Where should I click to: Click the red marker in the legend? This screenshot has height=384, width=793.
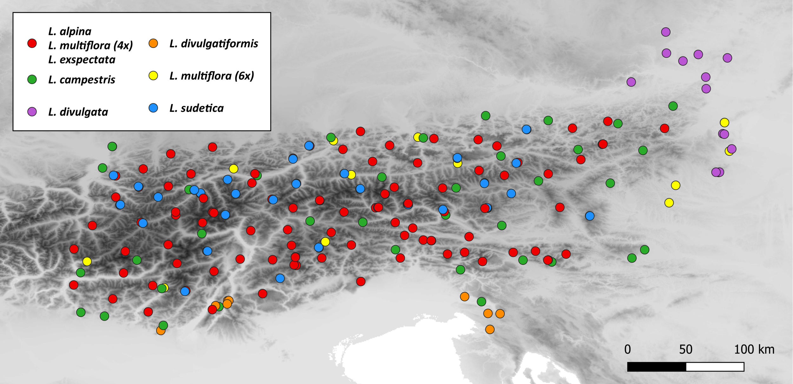[x=32, y=43]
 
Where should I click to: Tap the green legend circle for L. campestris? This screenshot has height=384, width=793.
[x=32, y=79]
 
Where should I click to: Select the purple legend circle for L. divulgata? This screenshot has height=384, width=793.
[x=32, y=112]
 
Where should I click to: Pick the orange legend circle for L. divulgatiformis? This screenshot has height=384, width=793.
[x=153, y=43]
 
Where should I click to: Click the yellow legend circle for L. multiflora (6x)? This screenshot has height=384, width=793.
[x=153, y=75]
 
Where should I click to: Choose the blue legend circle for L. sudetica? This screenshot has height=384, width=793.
[x=153, y=108]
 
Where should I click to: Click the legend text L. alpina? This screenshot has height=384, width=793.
[x=70, y=31]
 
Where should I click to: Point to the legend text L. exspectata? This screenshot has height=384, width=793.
[x=82, y=60]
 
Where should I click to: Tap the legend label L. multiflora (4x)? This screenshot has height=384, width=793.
[x=90, y=46]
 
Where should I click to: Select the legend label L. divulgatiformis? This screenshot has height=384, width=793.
[x=214, y=43]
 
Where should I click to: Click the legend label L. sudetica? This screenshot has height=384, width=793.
[x=196, y=108]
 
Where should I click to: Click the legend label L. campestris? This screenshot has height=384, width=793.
[x=82, y=80]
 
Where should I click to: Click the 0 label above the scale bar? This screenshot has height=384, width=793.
[x=627, y=349]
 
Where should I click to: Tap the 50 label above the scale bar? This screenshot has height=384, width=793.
[x=685, y=349]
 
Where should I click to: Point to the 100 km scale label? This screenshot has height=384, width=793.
[x=754, y=349]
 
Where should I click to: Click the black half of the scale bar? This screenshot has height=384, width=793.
[x=657, y=367]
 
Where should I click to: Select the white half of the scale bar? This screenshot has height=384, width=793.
[x=715, y=367]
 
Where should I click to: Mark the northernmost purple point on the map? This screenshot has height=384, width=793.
[x=665, y=32]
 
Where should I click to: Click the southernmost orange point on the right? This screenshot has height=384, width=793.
[x=490, y=329]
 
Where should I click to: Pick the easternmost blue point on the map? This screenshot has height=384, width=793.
[x=590, y=216]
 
